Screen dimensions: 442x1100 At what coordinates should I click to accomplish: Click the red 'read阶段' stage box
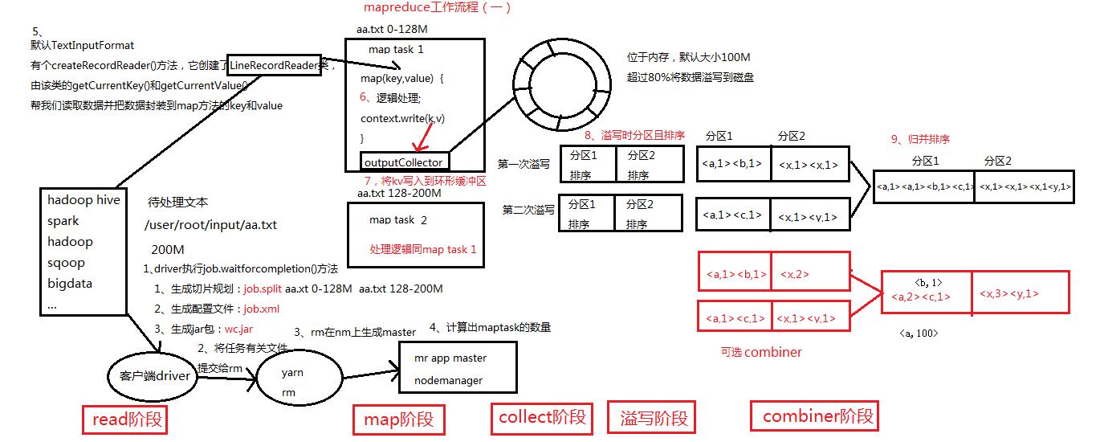[128, 419]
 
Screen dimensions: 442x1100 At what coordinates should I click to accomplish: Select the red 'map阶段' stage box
[398, 419]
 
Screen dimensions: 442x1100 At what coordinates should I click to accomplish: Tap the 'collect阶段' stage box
[543, 416]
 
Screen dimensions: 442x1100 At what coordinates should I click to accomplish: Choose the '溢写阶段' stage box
[653, 418]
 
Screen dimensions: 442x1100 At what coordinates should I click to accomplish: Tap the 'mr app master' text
[450, 358]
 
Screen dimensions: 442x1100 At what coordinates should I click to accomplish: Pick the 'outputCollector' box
[403, 162]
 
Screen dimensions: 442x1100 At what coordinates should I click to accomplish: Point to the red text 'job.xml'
[262, 309]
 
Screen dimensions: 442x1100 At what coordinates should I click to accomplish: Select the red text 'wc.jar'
[238, 329]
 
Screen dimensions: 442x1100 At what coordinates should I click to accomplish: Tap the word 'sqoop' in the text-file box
[66, 262]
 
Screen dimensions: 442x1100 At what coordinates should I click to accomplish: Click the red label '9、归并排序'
[920, 139]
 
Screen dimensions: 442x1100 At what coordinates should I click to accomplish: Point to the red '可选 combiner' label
[761, 352]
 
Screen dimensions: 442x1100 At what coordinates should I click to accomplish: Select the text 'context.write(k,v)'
[402, 119]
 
